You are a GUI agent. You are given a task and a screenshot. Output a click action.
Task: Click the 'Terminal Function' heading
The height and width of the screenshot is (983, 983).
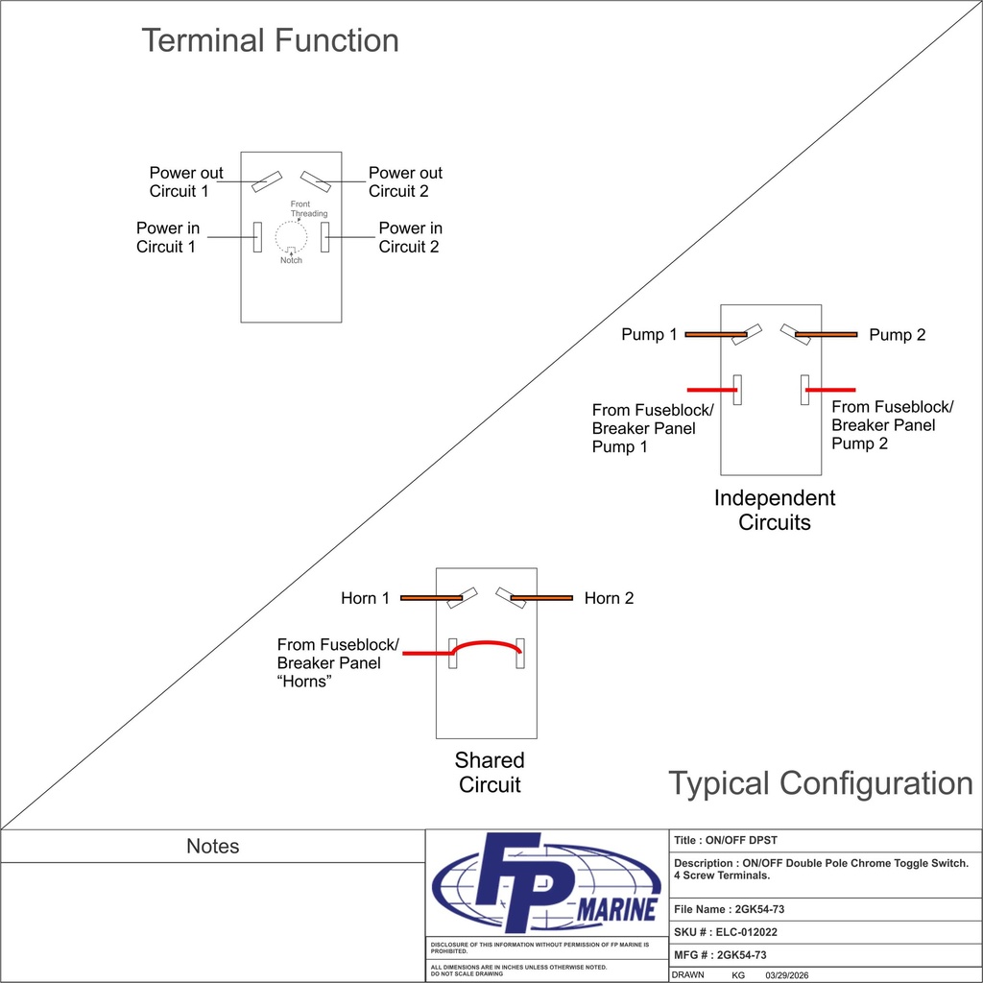(270, 40)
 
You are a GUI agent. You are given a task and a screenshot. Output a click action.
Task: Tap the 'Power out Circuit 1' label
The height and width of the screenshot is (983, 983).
(185, 181)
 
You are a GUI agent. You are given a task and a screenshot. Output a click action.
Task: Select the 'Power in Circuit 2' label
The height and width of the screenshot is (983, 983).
(410, 237)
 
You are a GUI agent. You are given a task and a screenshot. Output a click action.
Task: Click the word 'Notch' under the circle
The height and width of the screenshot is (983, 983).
(291, 260)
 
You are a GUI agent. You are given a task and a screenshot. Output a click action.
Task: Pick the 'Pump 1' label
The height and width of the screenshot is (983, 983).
(649, 334)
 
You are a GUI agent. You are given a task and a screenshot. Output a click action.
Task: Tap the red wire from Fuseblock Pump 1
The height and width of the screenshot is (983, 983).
(711, 390)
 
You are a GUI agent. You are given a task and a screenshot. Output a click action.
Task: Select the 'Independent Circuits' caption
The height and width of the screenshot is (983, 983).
(775, 510)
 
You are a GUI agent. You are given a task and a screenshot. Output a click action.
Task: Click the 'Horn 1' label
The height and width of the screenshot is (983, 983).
(365, 598)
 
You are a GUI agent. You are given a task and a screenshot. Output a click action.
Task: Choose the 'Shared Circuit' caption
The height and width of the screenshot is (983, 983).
(490, 773)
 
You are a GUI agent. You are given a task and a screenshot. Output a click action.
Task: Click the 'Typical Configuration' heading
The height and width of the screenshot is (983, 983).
(821, 783)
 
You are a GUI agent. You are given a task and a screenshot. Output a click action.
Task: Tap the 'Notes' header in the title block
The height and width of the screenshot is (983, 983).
(212, 846)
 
